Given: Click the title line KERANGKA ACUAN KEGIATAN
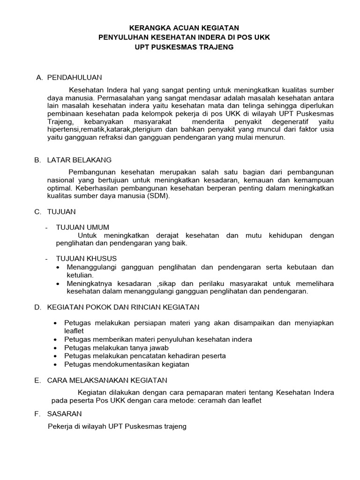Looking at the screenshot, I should point(180,28).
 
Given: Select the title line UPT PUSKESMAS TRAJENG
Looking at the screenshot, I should point(180,47).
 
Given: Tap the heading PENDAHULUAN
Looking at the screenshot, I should point(75,77).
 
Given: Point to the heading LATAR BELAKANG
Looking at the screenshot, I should point(79,160).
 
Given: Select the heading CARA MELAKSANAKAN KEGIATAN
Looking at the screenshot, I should point(107,380).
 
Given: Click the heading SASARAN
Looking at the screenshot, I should point(64,413).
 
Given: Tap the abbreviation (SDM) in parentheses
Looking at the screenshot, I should point(159,196).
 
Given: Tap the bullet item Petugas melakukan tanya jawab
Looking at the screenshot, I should point(116,347).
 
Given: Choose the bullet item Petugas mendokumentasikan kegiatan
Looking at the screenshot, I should point(126,364).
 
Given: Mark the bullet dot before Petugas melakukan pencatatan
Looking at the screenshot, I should point(56,356).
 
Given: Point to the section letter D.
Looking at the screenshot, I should point(37,307).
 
